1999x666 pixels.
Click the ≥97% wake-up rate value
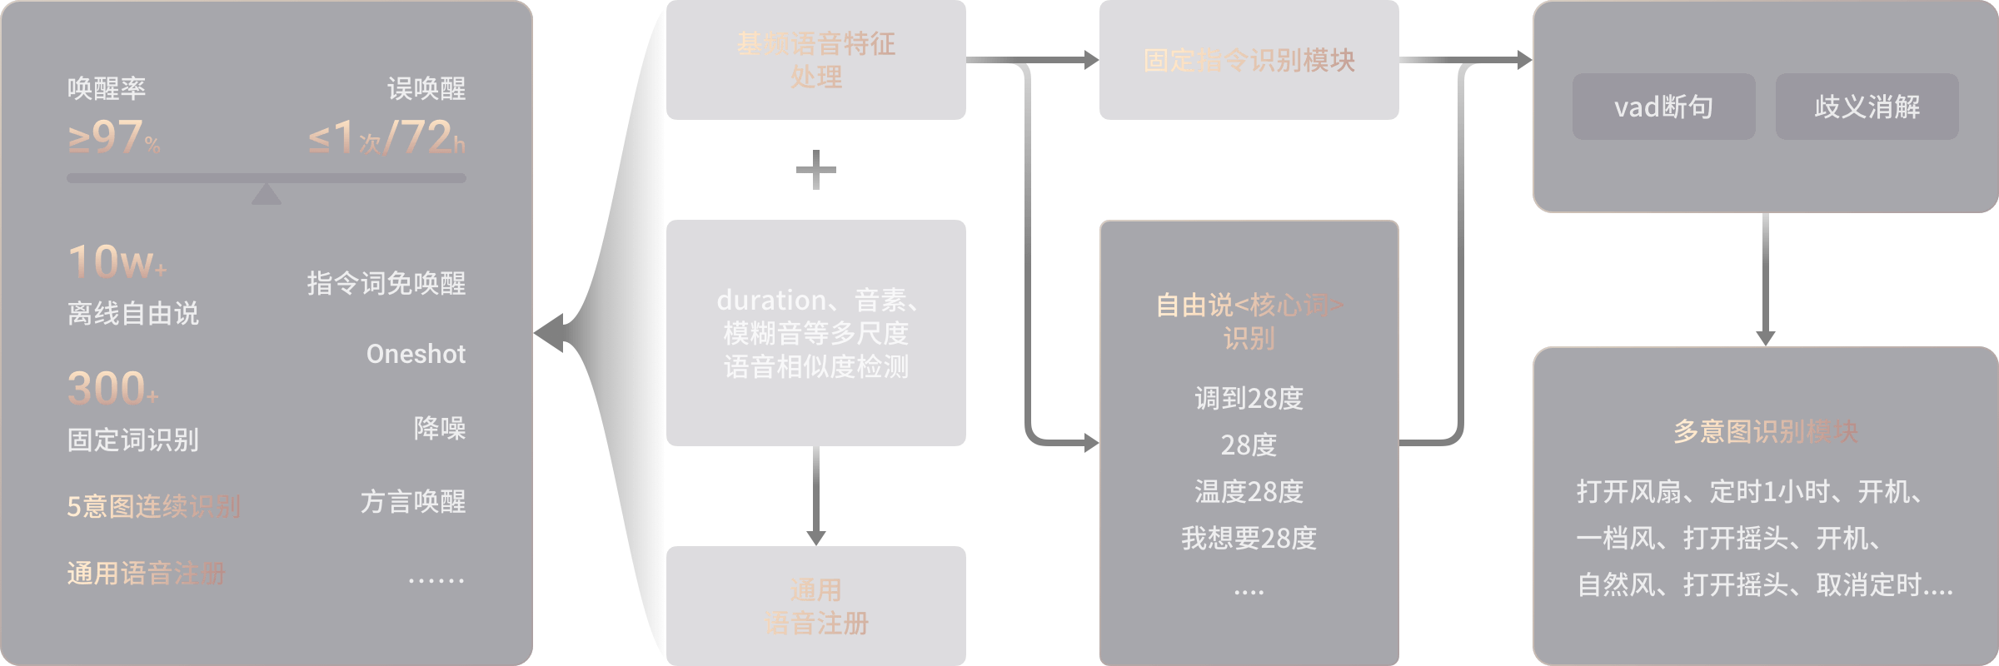[113, 138]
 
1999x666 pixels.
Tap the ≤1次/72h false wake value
[386, 138]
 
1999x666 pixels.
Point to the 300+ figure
[112, 389]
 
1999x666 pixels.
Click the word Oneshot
[416, 354]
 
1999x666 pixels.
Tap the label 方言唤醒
[413, 502]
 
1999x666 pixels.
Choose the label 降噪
[439, 428]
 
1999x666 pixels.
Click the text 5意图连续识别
[154, 506]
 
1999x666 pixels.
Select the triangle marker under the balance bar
[267, 194]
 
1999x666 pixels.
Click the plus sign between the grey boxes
[815, 170]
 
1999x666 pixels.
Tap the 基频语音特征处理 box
[815, 60]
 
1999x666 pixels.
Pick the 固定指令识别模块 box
[1249, 60]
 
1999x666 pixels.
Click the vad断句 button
[1663, 107]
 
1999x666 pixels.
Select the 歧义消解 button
[1867, 107]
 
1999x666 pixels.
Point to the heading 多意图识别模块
[1765, 431]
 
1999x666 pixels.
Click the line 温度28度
[1249, 491]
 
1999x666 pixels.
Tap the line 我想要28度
[1249, 538]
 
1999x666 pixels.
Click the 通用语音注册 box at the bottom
[815, 606]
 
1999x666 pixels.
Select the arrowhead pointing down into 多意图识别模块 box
[1765, 338]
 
